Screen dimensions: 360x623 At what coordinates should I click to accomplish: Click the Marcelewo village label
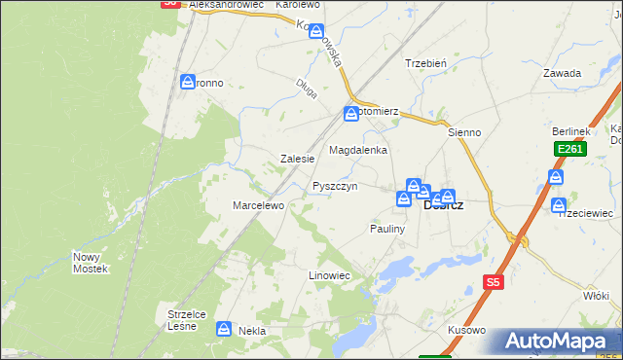(257, 205)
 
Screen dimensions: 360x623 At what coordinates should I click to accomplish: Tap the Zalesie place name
(297, 158)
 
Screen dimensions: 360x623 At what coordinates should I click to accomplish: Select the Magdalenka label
(358, 151)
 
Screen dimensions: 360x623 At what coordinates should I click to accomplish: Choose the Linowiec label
(329, 275)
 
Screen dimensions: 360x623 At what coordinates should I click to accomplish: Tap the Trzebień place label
(425, 63)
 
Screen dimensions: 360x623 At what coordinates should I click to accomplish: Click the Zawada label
(563, 73)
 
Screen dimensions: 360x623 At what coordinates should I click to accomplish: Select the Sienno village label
(464, 131)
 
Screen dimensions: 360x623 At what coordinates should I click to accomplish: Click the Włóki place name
(595, 294)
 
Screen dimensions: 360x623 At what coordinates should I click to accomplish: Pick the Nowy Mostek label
(90, 262)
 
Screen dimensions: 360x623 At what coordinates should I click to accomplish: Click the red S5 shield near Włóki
(494, 282)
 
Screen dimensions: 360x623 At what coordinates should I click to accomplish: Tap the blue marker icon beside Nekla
(225, 330)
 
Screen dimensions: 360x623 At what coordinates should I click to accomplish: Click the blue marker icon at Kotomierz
(350, 115)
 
